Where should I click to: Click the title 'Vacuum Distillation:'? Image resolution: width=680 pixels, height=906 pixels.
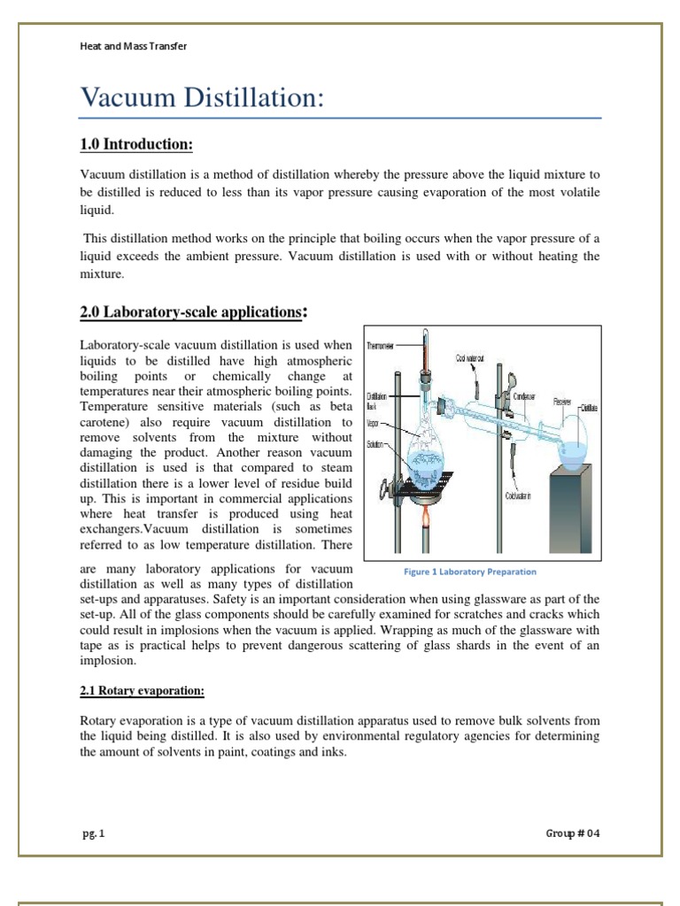pos(201,98)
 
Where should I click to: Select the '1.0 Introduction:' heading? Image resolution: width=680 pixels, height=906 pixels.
pos(136,144)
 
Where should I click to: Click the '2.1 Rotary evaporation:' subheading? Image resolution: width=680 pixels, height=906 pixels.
pos(142,690)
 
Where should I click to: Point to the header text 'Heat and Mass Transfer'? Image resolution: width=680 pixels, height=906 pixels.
pos(133,46)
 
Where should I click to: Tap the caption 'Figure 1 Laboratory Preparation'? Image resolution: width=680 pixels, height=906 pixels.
pos(469,572)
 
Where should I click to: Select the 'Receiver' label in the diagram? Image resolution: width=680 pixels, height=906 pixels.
pos(562,401)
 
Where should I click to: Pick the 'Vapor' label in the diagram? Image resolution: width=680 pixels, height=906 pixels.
pos(374,422)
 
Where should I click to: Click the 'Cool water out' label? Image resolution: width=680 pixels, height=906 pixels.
pos(470,358)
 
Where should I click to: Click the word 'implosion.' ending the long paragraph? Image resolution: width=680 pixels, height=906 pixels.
pos(108,660)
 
